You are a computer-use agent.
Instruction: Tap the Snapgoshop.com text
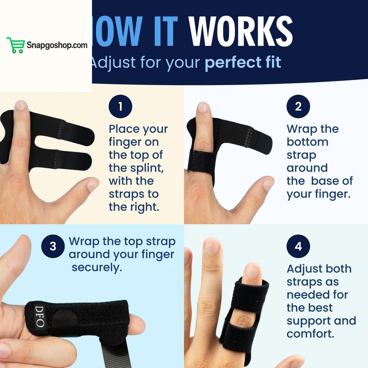56,46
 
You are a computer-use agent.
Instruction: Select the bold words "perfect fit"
242,62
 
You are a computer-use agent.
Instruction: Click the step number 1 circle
121,107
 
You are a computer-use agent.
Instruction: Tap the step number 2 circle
298,107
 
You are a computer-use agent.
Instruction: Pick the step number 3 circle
53,246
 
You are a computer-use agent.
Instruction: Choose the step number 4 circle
298,246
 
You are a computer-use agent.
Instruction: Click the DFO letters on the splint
40,318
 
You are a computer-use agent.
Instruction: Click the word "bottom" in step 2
307,142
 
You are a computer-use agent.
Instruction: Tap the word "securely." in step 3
97,267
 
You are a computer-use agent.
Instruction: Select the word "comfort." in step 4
310,333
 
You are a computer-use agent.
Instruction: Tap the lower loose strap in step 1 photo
69,159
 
